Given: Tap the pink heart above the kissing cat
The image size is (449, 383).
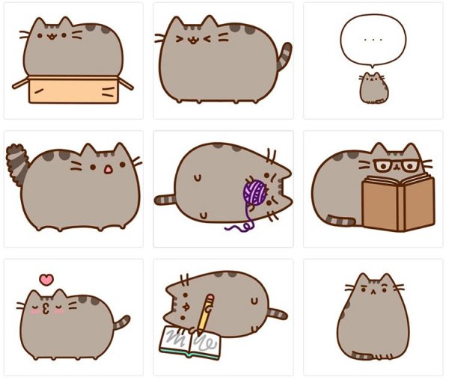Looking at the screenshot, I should coord(46,280).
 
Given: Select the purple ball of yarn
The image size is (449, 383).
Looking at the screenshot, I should coord(254,194).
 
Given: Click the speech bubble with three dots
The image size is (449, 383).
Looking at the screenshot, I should coord(372,40).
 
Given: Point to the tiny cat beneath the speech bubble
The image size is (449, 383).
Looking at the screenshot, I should coord(372,88).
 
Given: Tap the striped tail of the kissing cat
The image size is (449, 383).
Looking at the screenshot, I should coord(120,325).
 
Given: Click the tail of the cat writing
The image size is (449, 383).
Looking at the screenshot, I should coord(276,313).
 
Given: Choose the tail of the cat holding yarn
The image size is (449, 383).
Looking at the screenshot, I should coord(165,200).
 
